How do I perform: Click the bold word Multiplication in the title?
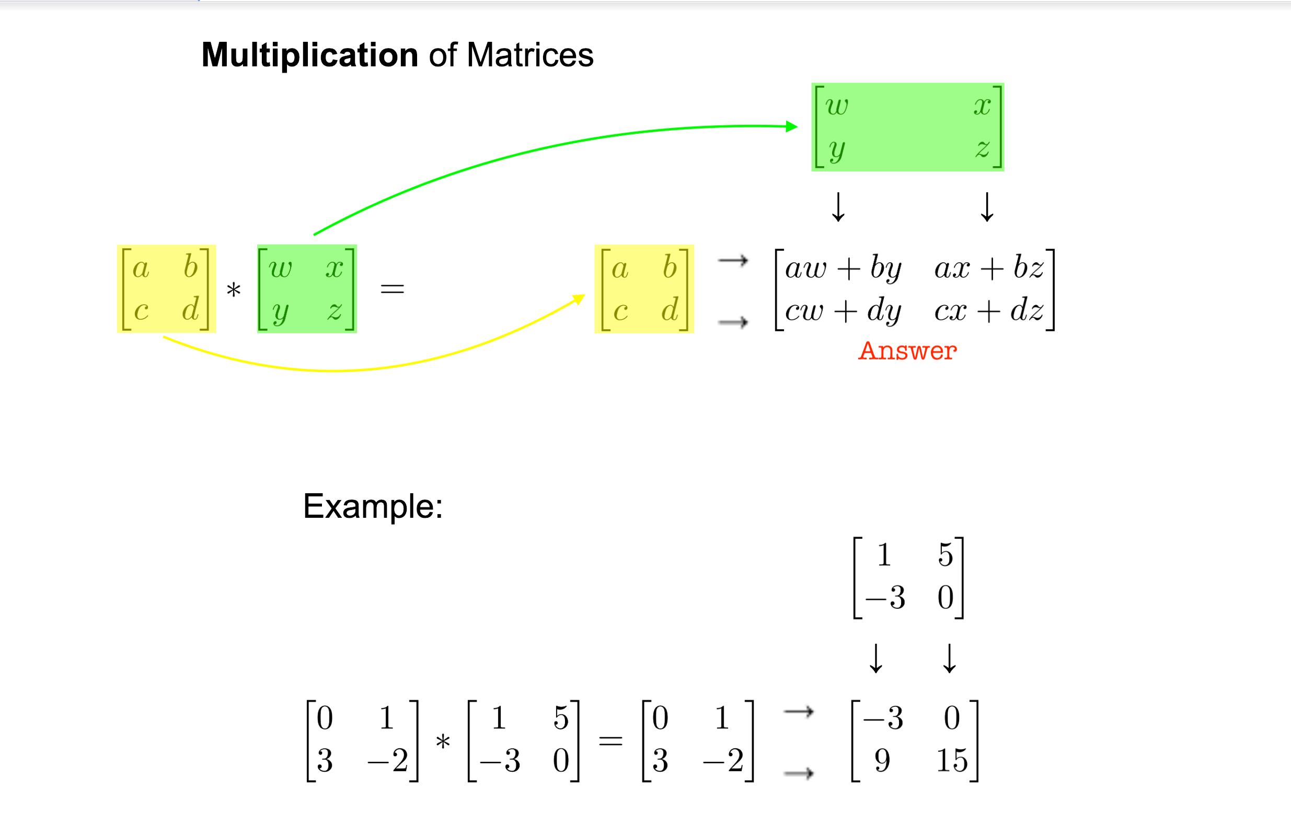pos(310,55)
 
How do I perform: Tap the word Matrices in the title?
pos(530,55)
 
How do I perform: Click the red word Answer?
pos(907,351)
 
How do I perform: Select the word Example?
pos(372,506)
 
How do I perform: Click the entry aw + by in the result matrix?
pos(844,268)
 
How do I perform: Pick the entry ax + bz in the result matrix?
pos(988,268)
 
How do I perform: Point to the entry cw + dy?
pos(844,311)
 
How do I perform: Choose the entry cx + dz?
pos(988,311)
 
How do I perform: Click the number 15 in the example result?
pos(952,760)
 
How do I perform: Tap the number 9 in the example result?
pos(883,760)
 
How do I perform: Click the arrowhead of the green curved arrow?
pos(792,127)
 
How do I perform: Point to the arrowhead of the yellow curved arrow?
pos(579,299)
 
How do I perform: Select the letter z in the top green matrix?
pos(982,148)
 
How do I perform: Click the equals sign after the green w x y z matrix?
pos(392,289)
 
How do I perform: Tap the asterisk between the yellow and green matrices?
pos(234,291)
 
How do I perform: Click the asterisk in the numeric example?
pos(443,741)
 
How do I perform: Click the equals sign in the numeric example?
pos(610,740)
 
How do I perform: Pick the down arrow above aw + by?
pos(838,207)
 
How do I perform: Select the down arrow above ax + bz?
pos(987,207)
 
